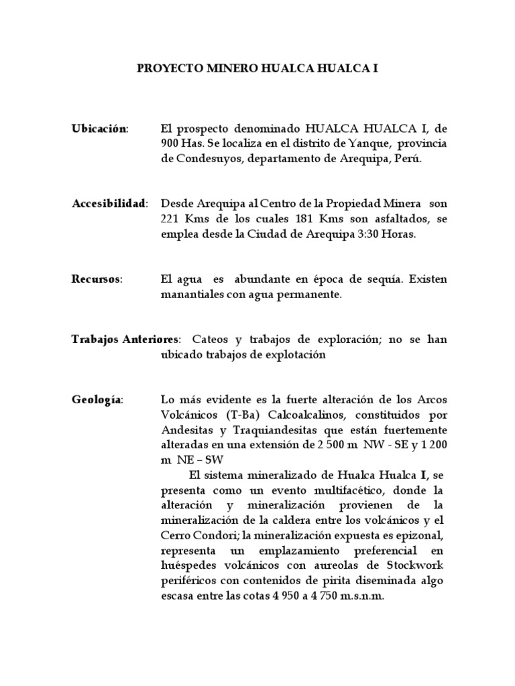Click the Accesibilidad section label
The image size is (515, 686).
[109, 204]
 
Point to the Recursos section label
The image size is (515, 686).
[97, 279]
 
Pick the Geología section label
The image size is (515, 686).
[97, 400]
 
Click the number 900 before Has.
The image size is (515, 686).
[170, 144]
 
